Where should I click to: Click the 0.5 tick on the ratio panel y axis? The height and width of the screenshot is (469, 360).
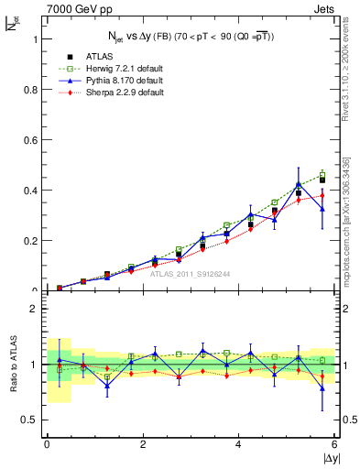pos(34,420)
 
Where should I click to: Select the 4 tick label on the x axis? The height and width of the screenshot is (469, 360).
pos(238,444)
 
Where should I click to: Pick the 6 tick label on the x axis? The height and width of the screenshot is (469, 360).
pos(334,444)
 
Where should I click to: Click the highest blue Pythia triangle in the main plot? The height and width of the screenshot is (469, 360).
pos(299,184)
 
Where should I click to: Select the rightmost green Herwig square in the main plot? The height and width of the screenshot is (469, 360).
pos(322,174)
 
